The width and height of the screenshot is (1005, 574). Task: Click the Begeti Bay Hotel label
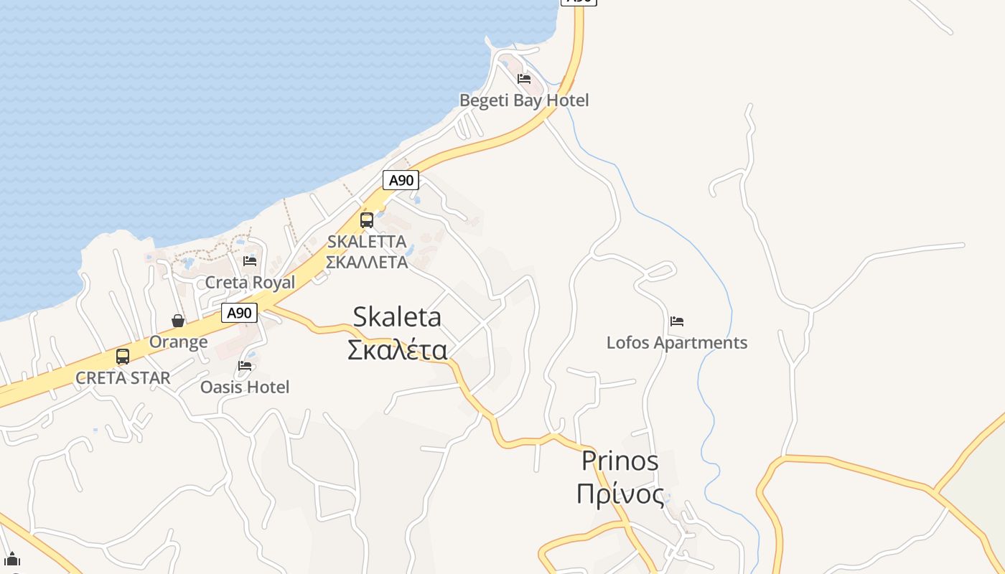(524, 100)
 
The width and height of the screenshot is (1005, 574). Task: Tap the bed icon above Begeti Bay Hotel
(524, 78)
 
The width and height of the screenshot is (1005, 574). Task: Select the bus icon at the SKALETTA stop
(367, 220)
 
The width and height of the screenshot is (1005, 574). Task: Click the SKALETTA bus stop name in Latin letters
(367, 242)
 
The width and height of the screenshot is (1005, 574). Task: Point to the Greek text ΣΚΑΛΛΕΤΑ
(367, 262)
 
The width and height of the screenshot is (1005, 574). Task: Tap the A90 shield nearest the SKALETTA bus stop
(401, 180)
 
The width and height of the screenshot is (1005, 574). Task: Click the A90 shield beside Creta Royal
(239, 313)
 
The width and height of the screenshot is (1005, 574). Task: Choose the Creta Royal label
(250, 283)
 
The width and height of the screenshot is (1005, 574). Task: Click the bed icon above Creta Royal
(250, 260)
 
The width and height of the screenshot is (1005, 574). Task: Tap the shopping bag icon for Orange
(178, 320)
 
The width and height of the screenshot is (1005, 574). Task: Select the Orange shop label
(178, 342)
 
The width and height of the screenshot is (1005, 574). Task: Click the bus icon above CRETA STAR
(123, 356)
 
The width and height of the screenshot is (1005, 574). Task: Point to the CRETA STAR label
(123, 378)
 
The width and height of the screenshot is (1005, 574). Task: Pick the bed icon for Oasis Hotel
(245, 366)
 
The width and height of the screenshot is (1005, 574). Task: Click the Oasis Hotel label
(245, 387)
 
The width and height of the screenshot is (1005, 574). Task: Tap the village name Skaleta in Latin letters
(397, 317)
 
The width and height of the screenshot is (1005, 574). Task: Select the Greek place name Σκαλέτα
(397, 350)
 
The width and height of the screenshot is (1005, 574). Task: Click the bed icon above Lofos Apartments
(676, 321)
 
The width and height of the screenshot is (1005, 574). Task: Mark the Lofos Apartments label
(676, 343)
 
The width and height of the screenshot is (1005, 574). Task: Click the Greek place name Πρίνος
(620, 494)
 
